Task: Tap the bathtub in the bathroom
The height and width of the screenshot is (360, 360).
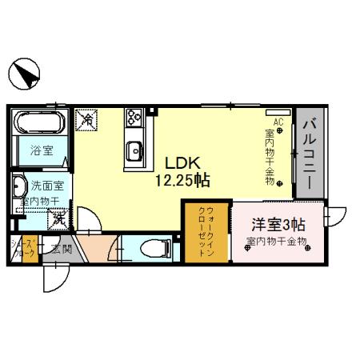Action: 39,124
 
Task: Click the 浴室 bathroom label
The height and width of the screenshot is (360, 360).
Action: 41,150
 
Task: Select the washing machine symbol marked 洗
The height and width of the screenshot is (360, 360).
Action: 58,216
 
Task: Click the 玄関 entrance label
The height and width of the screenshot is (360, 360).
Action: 62,248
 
